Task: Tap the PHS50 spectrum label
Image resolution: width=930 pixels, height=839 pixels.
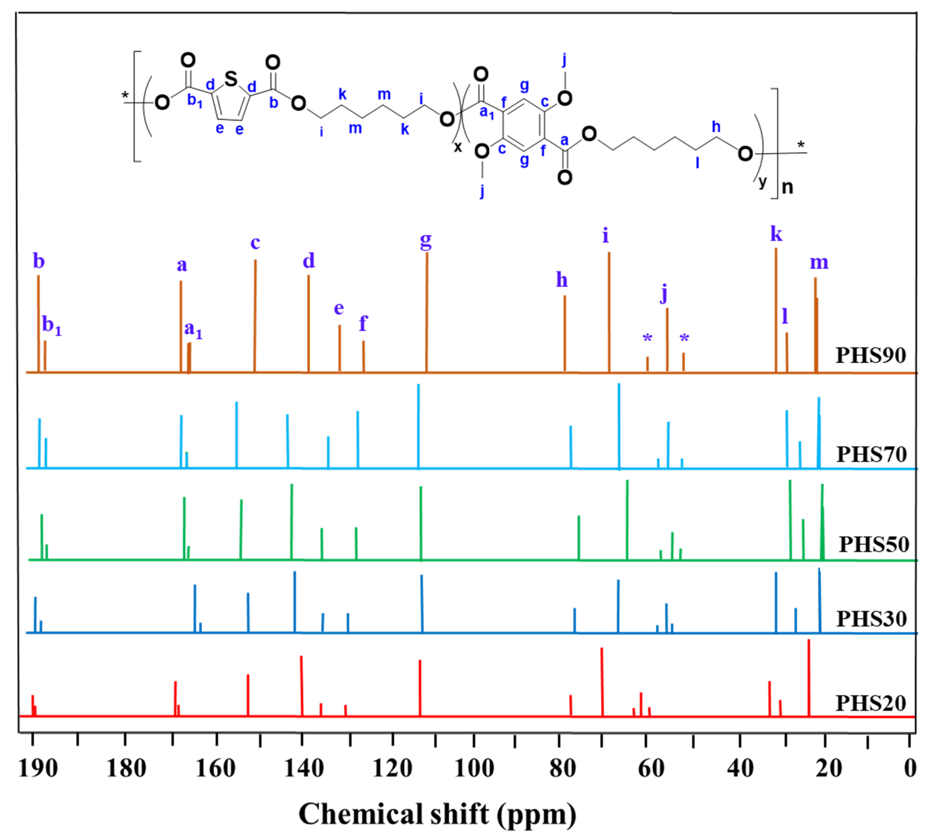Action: (873, 545)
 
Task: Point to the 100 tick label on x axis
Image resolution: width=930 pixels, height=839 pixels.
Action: (474, 768)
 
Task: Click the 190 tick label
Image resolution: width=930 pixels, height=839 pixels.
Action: (38, 768)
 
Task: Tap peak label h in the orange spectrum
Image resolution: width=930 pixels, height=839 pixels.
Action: (561, 280)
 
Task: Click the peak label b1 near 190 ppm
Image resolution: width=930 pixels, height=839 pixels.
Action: (51, 325)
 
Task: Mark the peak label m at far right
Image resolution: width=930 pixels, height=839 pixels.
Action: (819, 262)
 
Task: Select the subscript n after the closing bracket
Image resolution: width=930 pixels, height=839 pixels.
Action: (788, 187)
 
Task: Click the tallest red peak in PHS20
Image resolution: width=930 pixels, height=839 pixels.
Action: (808, 678)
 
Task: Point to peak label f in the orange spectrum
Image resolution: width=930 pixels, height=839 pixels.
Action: (363, 324)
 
